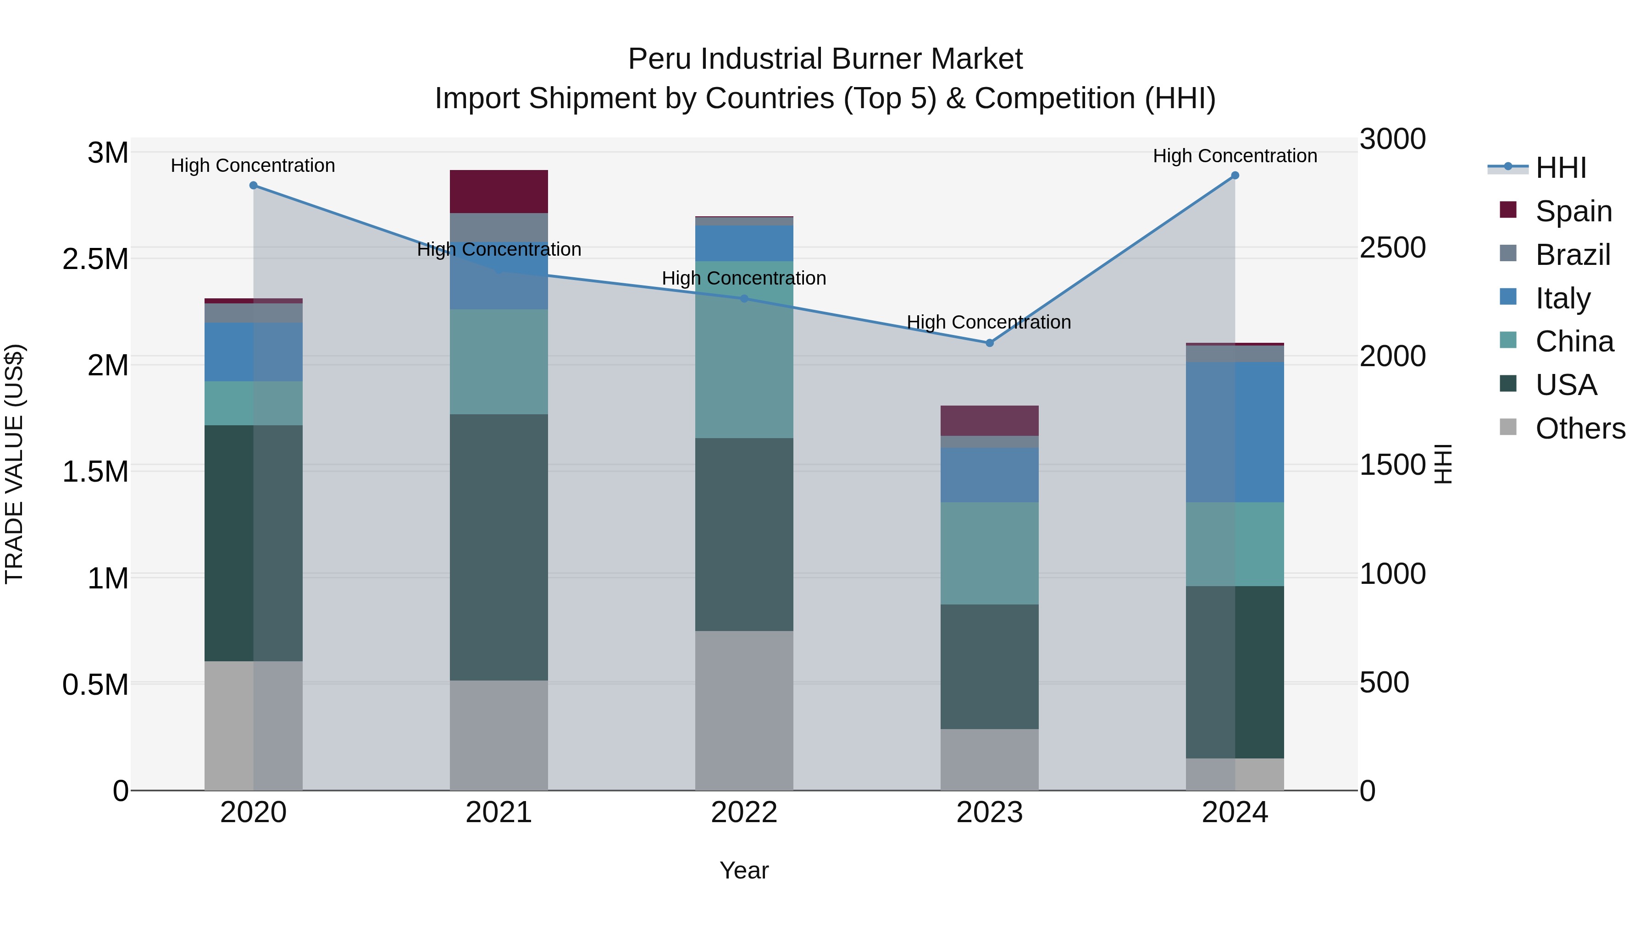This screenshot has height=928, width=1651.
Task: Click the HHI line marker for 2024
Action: pos(1235,176)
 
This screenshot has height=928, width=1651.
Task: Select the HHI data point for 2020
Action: pos(253,185)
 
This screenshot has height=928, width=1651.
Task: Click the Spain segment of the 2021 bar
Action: pos(499,192)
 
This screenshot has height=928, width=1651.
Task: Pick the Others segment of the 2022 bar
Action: pos(744,710)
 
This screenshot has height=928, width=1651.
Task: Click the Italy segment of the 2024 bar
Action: pos(1235,432)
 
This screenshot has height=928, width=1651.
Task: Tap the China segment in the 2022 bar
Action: pos(744,350)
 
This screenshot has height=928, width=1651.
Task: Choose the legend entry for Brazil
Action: pos(1572,255)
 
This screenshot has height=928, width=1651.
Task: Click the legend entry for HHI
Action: pos(1561,168)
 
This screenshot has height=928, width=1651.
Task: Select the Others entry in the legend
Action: pos(1580,428)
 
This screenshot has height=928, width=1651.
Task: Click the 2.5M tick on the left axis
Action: pos(95,259)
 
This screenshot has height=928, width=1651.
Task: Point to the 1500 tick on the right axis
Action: pos(1392,466)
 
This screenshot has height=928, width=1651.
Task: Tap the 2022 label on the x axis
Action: pos(744,813)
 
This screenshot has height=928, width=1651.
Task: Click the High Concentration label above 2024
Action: pos(1235,156)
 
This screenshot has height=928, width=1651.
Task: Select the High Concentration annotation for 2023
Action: pos(988,322)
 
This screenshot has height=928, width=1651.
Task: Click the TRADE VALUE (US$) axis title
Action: pos(14,464)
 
